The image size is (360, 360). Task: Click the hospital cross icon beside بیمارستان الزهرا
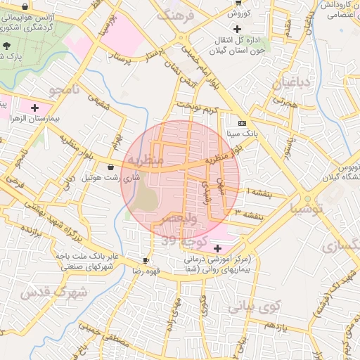click(34, 107)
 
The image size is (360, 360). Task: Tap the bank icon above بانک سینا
click(242, 122)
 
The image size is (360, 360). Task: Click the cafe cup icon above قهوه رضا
click(146, 260)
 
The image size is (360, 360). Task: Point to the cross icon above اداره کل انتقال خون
click(236, 29)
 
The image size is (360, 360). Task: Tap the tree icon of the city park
click(6, 44)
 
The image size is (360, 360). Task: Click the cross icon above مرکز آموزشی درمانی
click(217, 247)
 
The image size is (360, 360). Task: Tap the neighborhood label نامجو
click(65, 90)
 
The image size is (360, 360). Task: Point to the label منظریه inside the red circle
click(145, 160)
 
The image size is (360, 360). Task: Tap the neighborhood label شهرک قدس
click(53, 291)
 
